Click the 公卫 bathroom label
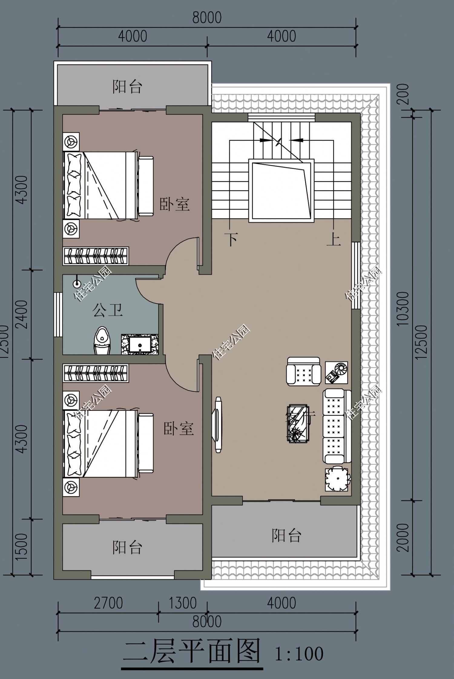[x=107, y=310]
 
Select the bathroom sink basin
[x=140, y=345]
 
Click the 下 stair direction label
[x=232, y=239]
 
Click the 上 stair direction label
[x=334, y=240]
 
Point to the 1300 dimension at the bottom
[x=183, y=603]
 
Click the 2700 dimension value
[x=108, y=603]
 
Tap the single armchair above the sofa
[x=303, y=371]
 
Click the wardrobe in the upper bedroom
[x=96, y=256]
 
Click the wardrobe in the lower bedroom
[x=96, y=373]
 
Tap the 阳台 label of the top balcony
[x=127, y=86]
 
